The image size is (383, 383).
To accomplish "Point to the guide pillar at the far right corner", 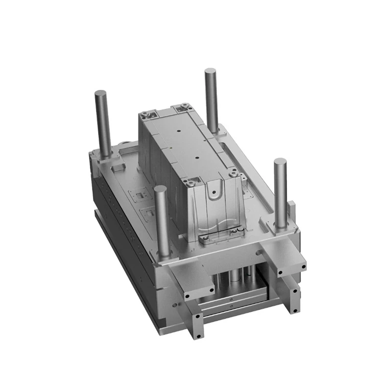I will pos(280,194).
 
